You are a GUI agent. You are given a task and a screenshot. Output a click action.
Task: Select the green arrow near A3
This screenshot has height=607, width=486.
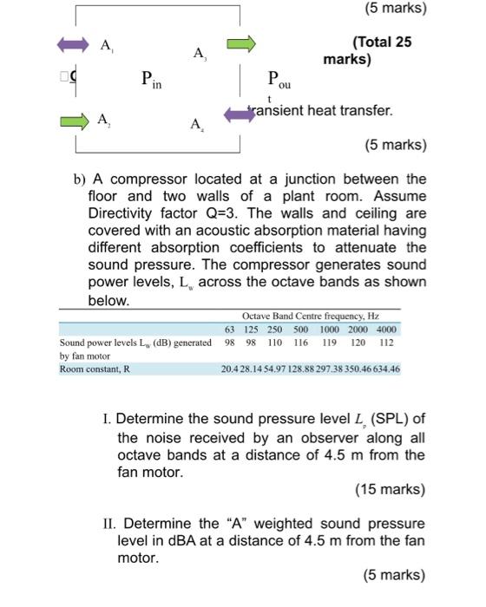(x=242, y=43)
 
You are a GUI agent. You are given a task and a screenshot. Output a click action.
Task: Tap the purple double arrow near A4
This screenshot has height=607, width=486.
(x=239, y=114)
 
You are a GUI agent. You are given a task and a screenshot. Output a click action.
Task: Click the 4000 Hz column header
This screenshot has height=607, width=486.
(x=387, y=330)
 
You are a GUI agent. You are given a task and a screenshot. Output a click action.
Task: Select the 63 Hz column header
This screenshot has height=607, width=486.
(x=230, y=330)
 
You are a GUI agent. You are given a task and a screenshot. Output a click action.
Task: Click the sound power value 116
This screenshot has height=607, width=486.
(x=300, y=343)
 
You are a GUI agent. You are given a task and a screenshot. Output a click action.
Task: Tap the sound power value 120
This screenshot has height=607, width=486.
(x=358, y=343)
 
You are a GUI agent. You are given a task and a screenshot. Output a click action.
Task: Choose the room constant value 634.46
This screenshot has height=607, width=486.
(x=385, y=369)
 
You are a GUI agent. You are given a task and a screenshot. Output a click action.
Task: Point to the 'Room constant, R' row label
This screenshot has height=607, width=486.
(x=95, y=369)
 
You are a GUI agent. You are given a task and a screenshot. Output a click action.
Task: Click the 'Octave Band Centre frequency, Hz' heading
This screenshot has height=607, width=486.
(x=314, y=317)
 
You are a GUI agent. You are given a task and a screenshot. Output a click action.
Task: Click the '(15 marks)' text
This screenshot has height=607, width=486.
(x=391, y=489)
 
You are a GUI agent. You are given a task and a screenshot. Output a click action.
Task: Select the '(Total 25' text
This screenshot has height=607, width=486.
(x=382, y=42)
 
